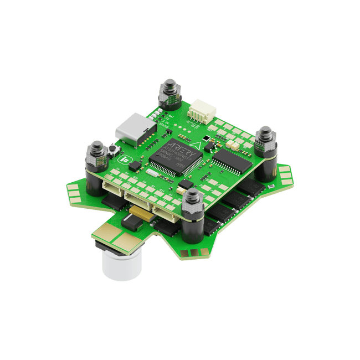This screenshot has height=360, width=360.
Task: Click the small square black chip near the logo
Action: pyautogui.click(x=187, y=183)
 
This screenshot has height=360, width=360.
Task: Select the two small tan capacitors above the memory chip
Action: pyautogui.click(x=233, y=144)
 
